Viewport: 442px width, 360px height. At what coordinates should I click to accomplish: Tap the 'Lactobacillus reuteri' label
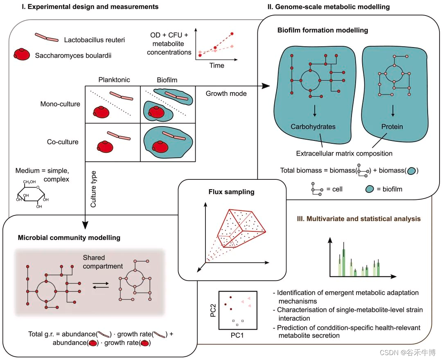click(x=94, y=40)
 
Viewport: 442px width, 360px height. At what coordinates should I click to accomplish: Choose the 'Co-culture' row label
click(x=62, y=142)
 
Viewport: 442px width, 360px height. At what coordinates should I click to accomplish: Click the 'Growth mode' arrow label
click(x=226, y=93)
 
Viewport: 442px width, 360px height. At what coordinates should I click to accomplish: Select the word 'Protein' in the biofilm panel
click(x=392, y=127)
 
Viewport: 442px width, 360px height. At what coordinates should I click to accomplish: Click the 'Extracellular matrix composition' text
click(x=344, y=154)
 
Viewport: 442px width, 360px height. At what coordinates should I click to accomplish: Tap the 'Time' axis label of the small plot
click(x=216, y=65)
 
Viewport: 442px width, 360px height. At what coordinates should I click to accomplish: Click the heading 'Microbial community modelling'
click(x=69, y=238)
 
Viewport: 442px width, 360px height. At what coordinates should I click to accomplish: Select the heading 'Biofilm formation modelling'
click(x=322, y=30)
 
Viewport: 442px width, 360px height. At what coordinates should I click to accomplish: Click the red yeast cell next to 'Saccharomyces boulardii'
click(x=22, y=54)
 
